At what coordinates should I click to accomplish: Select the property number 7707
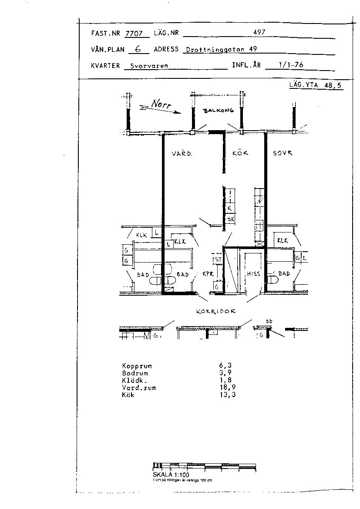pos(134,33)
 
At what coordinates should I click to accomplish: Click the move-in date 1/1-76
pos(291,65)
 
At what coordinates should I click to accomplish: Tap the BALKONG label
pos(219,111)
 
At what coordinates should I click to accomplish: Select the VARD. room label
pos(182,154)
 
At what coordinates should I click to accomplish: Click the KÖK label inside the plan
pos(240,153)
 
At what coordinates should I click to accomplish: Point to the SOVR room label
pos(283,153)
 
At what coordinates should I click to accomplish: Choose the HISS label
pos(253,274)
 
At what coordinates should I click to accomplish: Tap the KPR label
pos(208,274)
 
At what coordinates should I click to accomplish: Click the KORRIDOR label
pos(216,311)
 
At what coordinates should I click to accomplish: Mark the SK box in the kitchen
pos(230,219)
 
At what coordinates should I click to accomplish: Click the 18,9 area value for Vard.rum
pos(228,388)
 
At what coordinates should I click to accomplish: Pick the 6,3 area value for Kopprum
pos(228,366)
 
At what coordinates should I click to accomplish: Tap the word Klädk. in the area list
pos(134,381)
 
